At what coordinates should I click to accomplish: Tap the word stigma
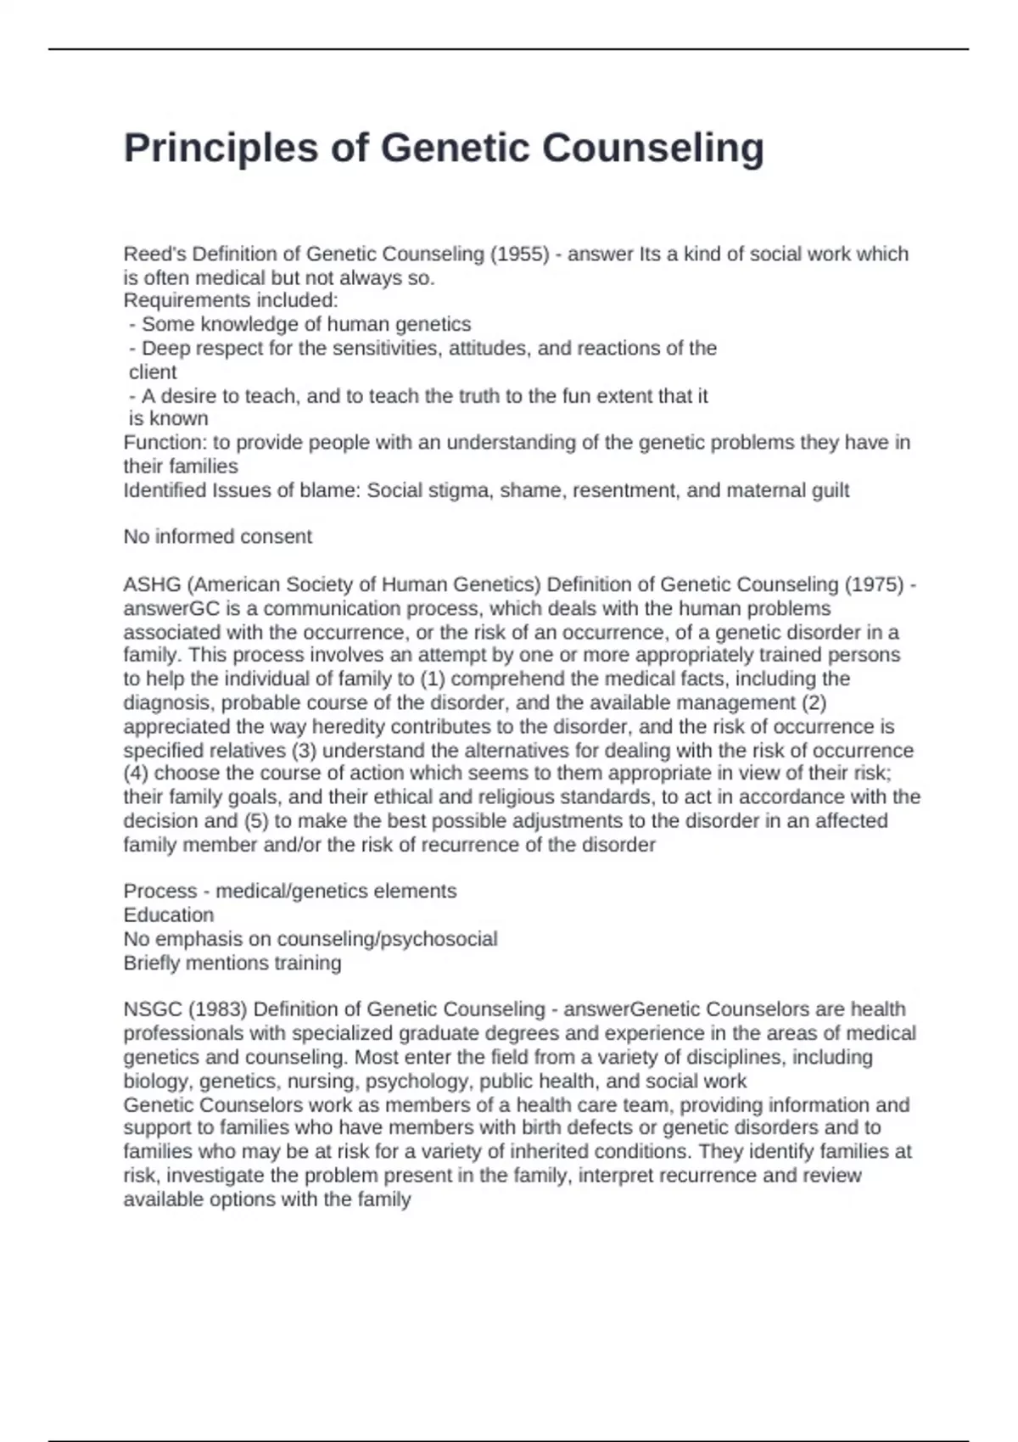click(x=464, y=490)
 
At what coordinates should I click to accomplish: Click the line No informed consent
click(x=217, y=537)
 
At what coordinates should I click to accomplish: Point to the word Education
click(x=169, y=915)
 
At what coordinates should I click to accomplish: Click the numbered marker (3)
click(x=305, y=751)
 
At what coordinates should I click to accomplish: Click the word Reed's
click(x=154, y=254)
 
